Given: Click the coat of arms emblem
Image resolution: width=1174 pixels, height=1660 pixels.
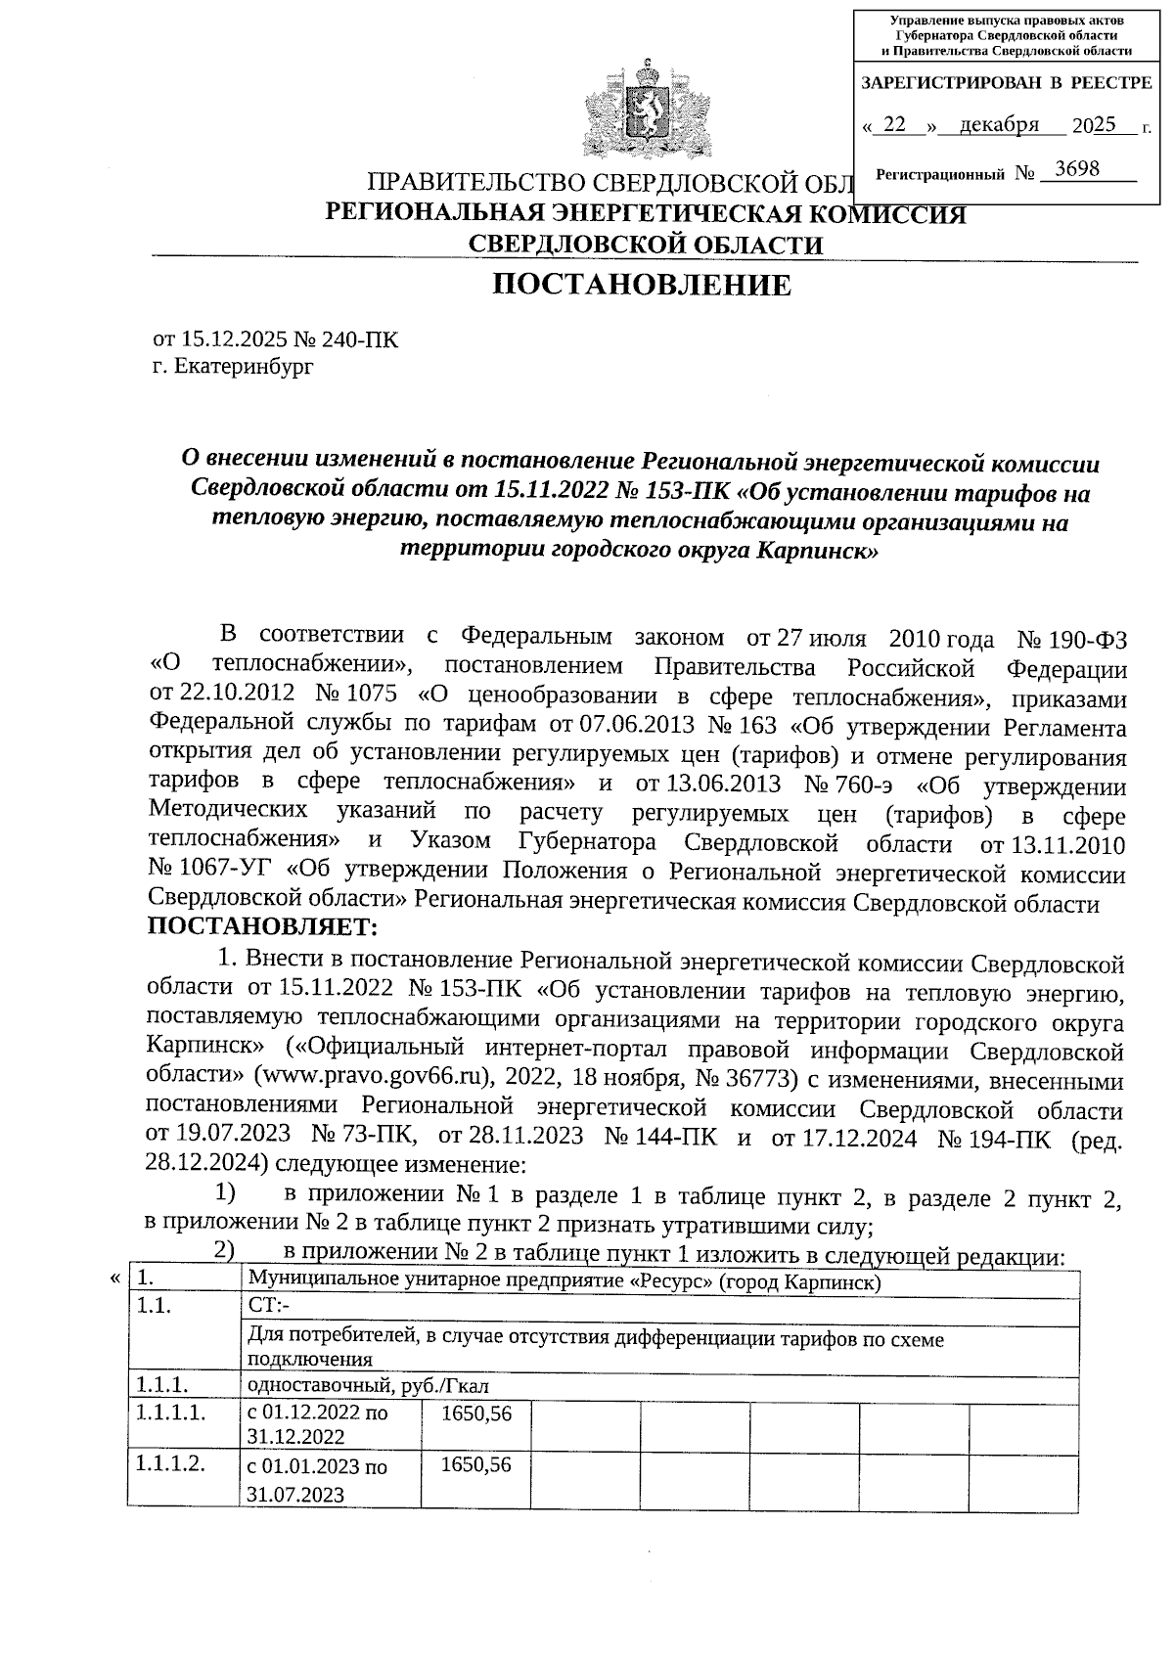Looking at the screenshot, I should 646,110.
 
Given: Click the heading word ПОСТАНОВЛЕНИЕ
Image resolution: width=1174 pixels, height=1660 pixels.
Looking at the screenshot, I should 641,285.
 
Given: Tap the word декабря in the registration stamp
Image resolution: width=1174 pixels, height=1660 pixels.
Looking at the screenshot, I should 999,125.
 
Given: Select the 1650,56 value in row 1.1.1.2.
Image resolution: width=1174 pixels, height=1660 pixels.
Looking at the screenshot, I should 475,1465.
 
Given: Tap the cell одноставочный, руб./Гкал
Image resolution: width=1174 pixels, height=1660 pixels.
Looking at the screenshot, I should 368,1386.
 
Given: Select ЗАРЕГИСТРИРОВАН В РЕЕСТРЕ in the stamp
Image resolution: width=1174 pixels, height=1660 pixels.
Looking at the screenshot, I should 1006,83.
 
